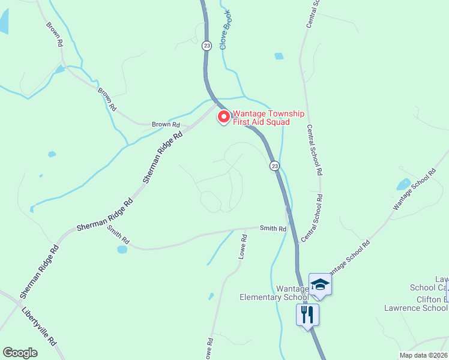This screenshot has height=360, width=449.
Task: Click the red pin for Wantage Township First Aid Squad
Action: click(x=223, y=116)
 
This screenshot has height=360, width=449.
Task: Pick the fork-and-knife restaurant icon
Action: click(x=307, y=314)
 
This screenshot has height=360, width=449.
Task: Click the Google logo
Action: click(x=20, y=353)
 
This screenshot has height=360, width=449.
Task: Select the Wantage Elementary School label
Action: click(x=274, y=293)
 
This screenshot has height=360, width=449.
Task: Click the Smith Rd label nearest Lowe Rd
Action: click(x=273, y=228)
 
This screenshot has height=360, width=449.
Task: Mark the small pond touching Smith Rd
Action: click(x=122, y=248)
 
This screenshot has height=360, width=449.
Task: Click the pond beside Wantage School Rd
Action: click(x=403, y=184)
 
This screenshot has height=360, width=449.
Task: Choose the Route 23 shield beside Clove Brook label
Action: click(x=207, y=46)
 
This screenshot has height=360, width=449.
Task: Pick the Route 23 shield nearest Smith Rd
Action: click(x=274, y=166)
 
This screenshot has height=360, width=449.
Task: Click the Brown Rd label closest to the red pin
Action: click(x=166, y=125)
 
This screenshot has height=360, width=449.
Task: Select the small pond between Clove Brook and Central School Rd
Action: click(x=279, y=56)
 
